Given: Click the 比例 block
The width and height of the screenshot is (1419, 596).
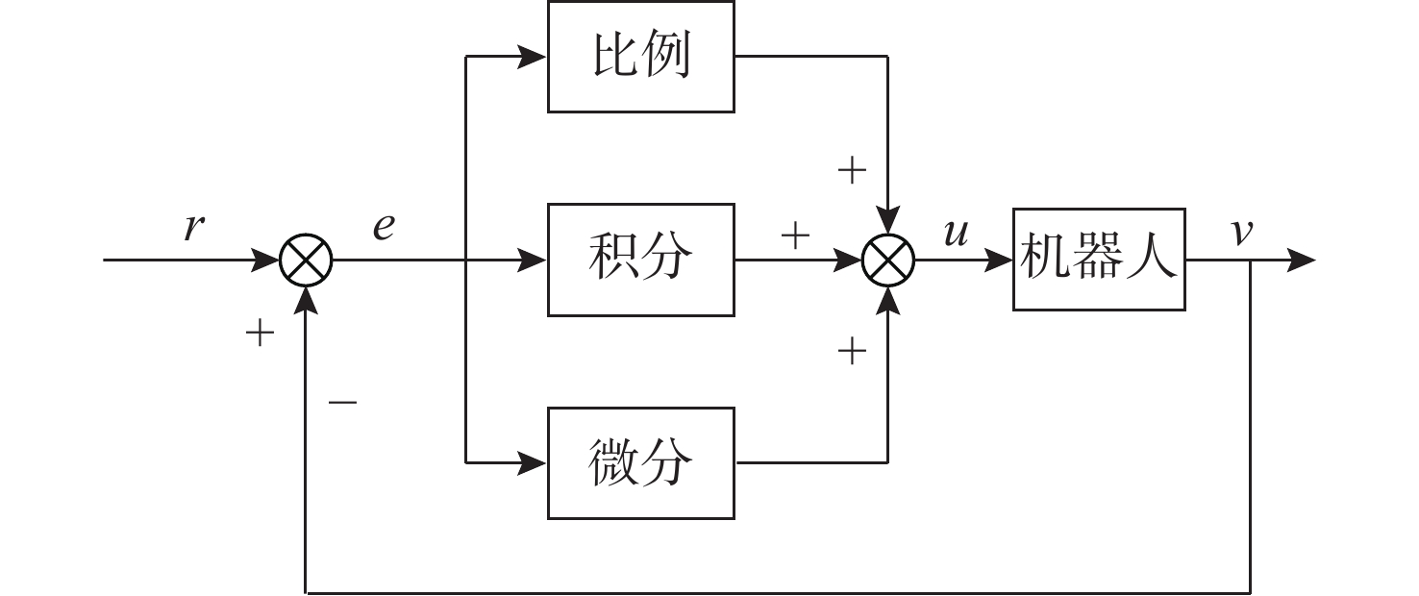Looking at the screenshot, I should [x=640, y=57].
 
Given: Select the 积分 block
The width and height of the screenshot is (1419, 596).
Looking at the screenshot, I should [x=640, y=260].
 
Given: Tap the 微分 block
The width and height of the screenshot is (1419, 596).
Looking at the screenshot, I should [x=640, y=462].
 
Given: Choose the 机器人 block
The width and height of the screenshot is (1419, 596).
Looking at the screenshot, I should [x=1098, y=260].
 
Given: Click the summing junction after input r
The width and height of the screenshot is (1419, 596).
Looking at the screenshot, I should [x=306, y=260].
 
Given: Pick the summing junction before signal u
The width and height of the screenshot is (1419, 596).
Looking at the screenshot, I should [x=887, y=260].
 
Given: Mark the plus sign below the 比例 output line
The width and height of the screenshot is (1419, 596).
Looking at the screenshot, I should [x=852, y=171].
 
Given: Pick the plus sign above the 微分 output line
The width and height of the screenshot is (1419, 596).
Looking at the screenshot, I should [x=852, y=352].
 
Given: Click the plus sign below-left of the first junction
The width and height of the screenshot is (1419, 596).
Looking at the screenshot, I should [x=260, y=334].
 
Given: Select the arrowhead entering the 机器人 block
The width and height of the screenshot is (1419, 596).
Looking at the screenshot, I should [x=999, y=260].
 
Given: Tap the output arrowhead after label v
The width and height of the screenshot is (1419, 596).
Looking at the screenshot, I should [x=1301, y=260].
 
